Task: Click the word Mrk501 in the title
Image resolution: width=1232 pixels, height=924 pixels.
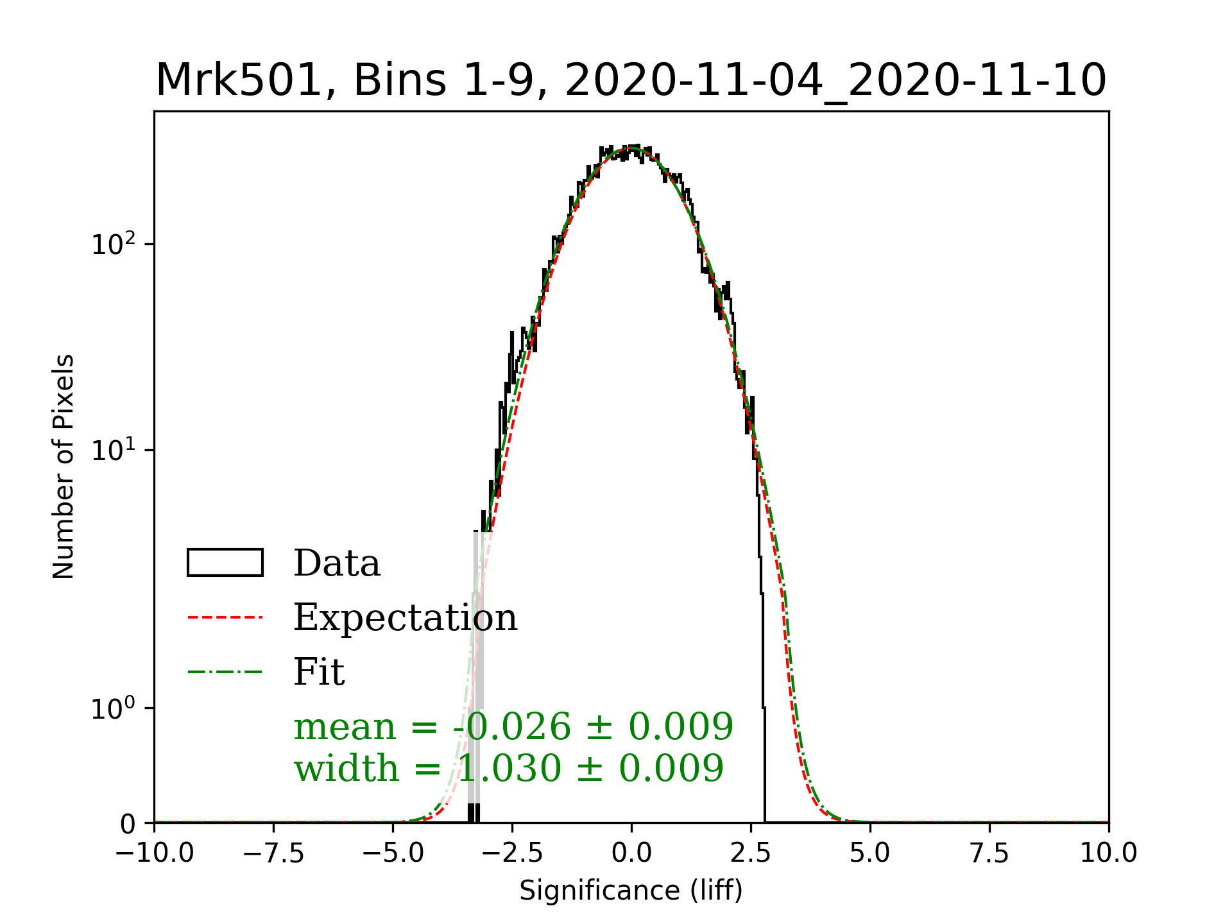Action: point(238,81)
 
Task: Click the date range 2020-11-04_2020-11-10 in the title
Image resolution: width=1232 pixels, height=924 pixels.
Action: point(835,81)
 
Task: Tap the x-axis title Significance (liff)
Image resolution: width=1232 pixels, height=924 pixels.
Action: point(631,891)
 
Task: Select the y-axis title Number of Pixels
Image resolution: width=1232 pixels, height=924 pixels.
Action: point(64,466)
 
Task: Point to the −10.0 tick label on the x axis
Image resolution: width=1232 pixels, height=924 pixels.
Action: point(155,853)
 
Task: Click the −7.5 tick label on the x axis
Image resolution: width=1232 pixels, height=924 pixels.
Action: point(274,853)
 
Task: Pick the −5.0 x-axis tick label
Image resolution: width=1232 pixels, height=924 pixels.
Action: point(393,853)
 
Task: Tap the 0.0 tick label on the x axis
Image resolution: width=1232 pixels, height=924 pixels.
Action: point(631,853)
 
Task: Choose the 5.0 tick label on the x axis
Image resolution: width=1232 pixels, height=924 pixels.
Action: point(870,853)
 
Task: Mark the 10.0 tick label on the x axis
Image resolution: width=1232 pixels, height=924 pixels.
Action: point(1108,853)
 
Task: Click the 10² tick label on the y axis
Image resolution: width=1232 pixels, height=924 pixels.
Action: point(114,244)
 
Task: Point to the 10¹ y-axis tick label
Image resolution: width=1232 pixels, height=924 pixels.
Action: point(114,450)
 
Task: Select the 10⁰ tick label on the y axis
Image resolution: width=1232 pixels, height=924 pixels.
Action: point(114,709)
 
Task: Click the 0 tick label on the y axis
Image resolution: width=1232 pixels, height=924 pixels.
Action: point(128,824)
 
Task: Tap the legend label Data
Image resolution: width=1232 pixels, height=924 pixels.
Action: point(337,563)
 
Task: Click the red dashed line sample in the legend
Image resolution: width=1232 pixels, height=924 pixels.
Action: point(225,617)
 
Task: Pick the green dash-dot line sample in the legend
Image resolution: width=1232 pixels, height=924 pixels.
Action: point(225,672)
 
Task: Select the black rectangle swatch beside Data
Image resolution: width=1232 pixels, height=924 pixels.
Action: point(225,563)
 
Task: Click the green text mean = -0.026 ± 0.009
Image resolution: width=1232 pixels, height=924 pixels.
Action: point(513,727)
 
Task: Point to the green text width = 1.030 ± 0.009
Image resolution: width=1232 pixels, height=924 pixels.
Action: point(509,768)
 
